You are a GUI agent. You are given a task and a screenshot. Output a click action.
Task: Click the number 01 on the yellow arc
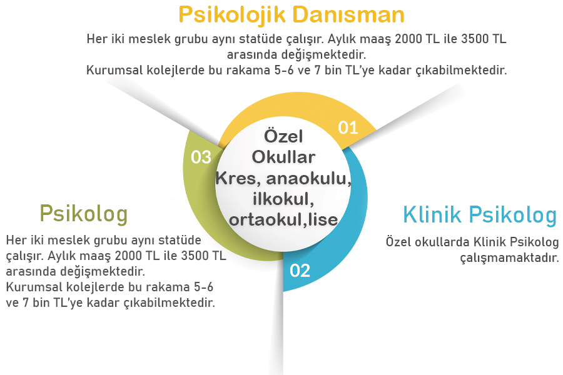pyautogui.click(x=348, y=128)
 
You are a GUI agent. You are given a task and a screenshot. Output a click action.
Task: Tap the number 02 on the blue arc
pyautogui.click(x=300, y=271)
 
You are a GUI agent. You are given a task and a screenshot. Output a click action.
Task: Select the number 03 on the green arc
pyautogui.click(x=201, y=157)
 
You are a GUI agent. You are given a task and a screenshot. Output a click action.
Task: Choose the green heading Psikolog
pyautogui.click(x=83, y=214)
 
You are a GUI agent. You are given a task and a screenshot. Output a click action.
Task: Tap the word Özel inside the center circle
pyautogui.click(x=283, y=136)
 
